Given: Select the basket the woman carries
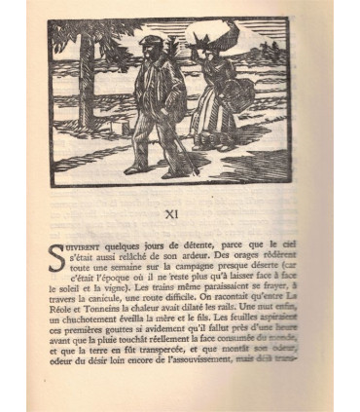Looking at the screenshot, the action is coord(236,97).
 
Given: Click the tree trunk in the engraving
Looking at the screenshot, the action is coord(87,88).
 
